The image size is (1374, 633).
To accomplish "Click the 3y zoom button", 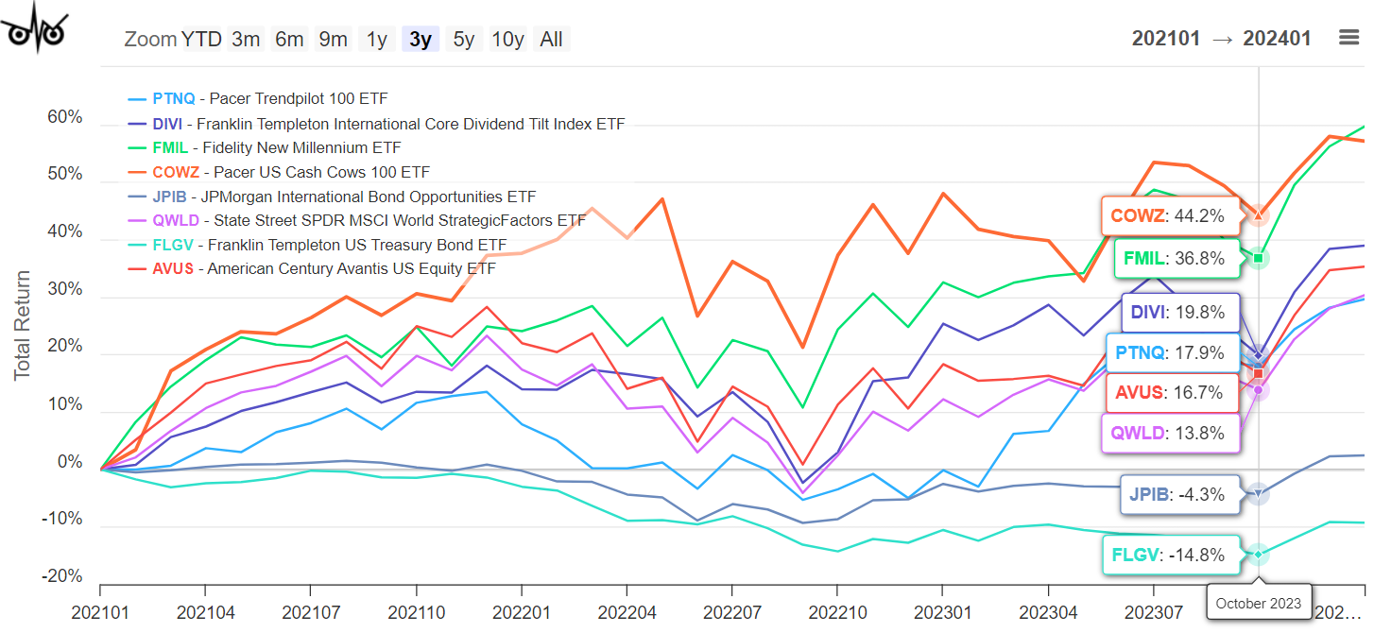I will [421, 39].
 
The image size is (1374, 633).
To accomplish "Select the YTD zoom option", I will [201, 39].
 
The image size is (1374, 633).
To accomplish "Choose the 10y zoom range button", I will [507, 39].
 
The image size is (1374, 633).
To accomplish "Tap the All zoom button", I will [551, 39].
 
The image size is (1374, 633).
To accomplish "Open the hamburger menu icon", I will [1348, 38].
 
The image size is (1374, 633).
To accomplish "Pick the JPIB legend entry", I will [331, 197].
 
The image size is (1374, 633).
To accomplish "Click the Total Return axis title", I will [22, 325].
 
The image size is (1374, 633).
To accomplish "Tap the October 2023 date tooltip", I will [1258, 603].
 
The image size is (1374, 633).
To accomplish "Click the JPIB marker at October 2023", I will [1258, 493].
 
